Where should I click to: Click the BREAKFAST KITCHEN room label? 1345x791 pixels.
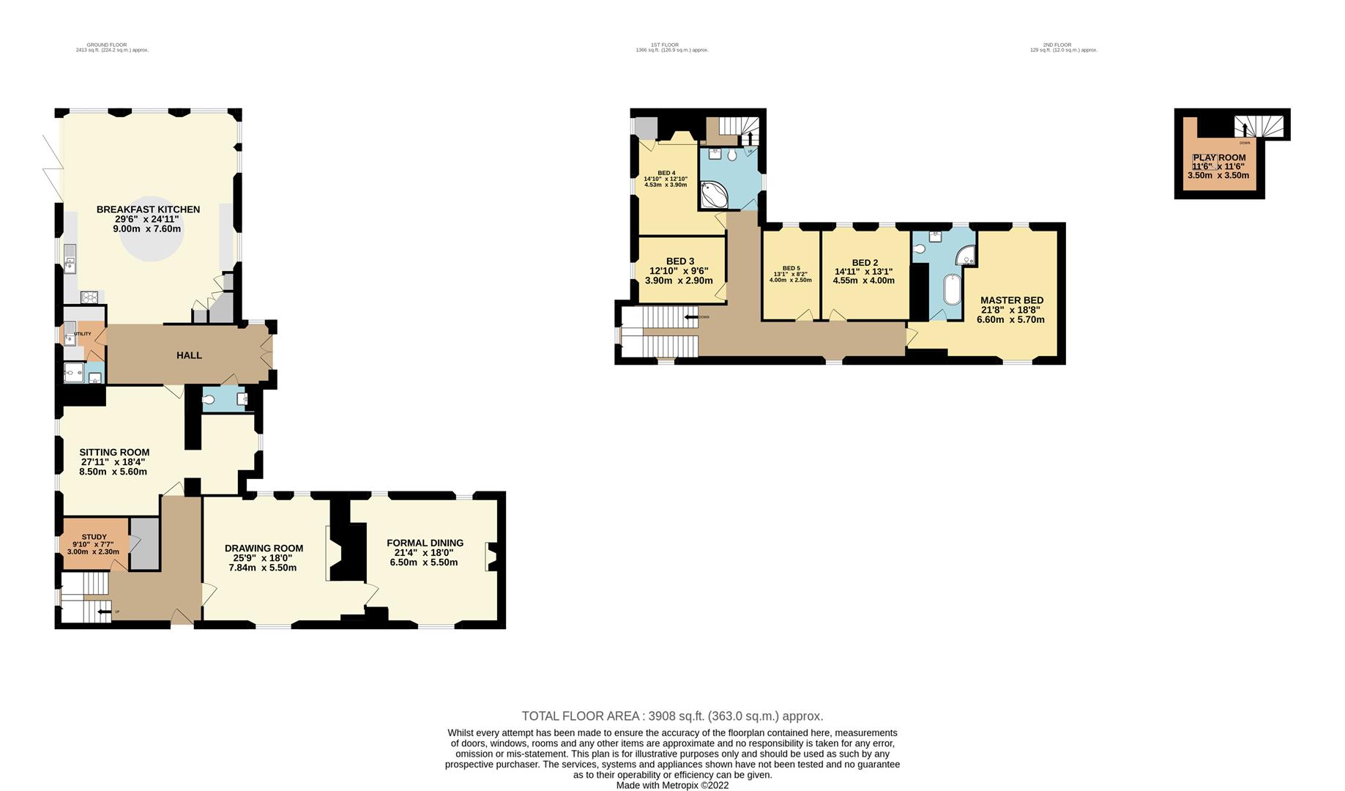point(148,209)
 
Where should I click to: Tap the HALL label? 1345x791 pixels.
point(189,355)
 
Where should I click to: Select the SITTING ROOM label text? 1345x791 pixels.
point(114,453)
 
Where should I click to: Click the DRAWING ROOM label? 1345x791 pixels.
point(264,548)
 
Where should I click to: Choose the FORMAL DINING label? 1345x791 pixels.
point(425,543)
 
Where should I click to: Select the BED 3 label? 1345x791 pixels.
point(680,261)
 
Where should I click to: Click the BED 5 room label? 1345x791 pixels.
point(791,268)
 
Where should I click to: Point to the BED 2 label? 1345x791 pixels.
point(865,263)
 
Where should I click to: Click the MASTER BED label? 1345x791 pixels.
point(1012,300)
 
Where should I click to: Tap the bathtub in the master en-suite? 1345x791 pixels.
point(951,290)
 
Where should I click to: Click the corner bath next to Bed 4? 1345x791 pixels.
point(713,196)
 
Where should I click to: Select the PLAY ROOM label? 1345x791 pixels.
point(1219,157)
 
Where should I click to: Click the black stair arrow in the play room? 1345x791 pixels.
point(1244,130)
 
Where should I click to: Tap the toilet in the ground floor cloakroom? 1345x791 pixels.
point(210,400)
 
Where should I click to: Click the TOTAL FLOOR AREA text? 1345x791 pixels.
point(672,716)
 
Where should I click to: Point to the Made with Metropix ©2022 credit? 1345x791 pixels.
point(672,785)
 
